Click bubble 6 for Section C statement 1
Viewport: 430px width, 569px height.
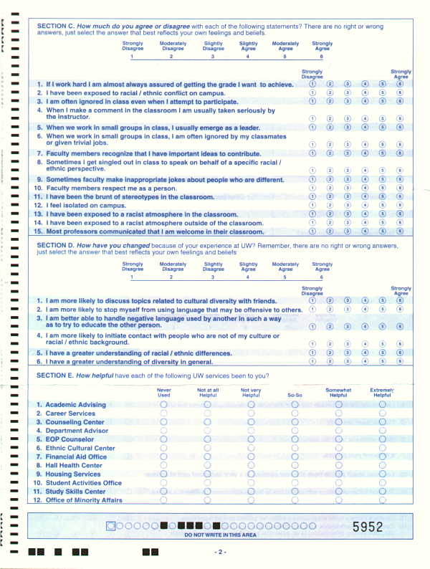[400, 85]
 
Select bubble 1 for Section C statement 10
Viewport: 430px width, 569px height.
[312, 188]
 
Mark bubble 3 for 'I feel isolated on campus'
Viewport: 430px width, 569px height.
[347, 205]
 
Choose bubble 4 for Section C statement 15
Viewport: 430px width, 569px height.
[365, 231]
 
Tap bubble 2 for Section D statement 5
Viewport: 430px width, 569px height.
[330, 353]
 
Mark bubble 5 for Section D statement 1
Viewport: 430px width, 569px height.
[382, 300]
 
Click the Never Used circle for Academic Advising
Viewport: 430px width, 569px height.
[163, 405]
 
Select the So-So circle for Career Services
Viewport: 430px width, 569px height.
[295, 413]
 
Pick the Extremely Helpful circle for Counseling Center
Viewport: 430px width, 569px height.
[382, 422]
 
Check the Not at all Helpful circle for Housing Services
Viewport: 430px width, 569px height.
[207, 474]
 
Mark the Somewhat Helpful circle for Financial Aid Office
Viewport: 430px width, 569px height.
[338, 456]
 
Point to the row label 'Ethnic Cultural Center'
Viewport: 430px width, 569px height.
[75, 448]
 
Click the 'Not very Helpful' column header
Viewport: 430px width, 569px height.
[251, 393]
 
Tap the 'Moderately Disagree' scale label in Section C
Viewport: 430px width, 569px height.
[171, 47]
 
